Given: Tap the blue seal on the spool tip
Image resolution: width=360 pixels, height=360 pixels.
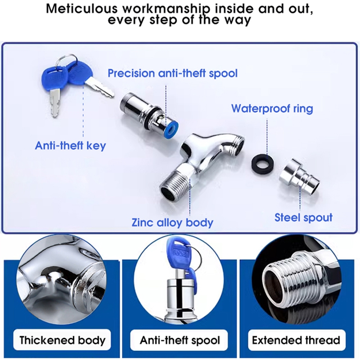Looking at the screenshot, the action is pyautogui.click(x=171, y=130).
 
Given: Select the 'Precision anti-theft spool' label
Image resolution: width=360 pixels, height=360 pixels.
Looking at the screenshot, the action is pyautogui.click(x=173, y=73).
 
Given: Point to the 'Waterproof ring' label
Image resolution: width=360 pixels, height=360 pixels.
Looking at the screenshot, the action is pyautogui.click(x=272, y=108).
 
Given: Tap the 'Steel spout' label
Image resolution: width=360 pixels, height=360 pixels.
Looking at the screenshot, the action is pyautogui.click(x=303, y=217).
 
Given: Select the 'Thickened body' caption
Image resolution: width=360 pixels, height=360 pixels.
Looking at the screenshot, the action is pyautogui.click(x=62, y=340).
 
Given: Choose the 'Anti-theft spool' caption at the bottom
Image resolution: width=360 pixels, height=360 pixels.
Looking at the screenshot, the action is pyautogui.click(x=180, y=340).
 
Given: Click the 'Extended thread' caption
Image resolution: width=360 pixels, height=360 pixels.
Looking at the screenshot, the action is pyautogui.click(x=296, y=340).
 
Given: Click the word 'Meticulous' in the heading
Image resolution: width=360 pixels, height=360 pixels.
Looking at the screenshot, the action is pyautogui.click(x=82, y=9).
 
